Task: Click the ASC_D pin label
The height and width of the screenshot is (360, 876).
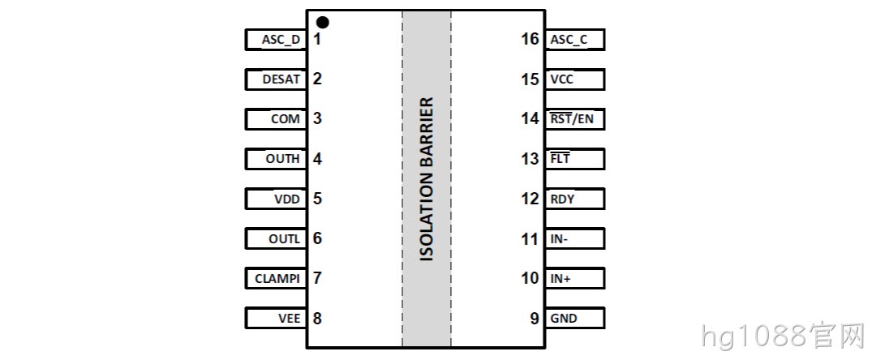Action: [x=281, y=41]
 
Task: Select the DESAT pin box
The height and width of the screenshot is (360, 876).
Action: [x=276, y=79]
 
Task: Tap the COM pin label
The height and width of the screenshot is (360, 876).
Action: [x=286, y=119]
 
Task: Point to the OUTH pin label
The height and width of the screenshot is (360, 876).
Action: [x=283, y=159]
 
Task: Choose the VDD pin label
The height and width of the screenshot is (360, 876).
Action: [x=287, y=199]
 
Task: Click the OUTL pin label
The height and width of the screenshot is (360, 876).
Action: [x=285, y=239]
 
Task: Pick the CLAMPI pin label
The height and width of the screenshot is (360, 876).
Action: [x=277, y=278]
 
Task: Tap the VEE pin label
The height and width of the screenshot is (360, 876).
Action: [x=290, y=319]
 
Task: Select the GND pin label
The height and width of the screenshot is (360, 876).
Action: [x=564, y=319]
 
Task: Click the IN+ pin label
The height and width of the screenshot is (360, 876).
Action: [x=560, y=278]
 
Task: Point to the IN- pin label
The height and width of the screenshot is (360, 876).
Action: [x=559, y=239]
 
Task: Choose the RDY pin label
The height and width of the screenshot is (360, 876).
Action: [x=562, y=199]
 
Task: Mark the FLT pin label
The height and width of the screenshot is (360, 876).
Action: [x=560, y=159]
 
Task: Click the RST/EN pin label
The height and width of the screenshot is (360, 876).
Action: [x=572, y=119]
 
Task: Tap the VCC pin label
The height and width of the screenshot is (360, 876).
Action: [x=561, y=79]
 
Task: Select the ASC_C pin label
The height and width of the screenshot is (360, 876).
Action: [x=569, y=41]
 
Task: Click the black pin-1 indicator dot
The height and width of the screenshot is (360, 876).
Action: [x=322, y=23]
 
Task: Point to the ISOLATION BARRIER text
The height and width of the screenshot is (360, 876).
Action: [x=427, y=179]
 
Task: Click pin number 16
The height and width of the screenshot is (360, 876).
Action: [x=530, y=39]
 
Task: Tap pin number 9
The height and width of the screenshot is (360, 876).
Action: [x=535, y=319]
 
